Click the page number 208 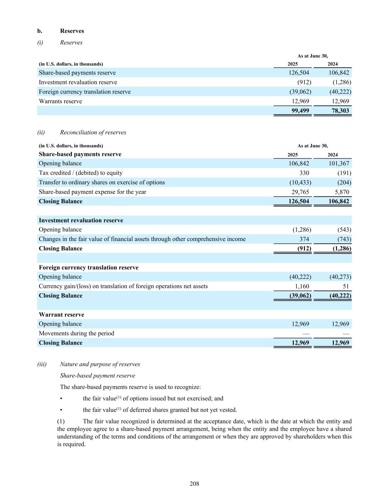[x=194, y=483]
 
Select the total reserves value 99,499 [x=300, y=111]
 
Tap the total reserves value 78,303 [x=340, y=111]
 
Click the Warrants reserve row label [x=60, y=101]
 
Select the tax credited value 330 [x=304, y=173]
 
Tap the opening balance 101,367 [x=338, y=163]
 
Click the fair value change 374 [x=304, y=239]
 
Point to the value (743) [x=344, y=239]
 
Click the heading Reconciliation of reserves [x=93, y=132]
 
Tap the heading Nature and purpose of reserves [x=100, y=364]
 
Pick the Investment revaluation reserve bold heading [x=81, y=220]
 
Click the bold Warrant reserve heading [x=62, y=315]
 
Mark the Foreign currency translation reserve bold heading [x=89, y=268]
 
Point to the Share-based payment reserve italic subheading [x=98, y=375]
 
